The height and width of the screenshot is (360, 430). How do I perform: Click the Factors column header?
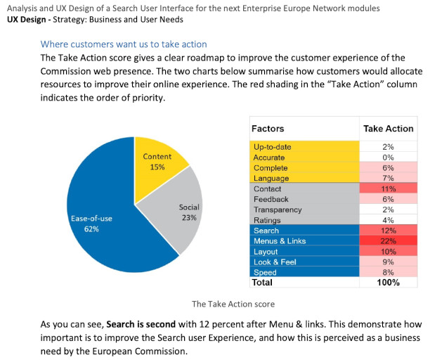point(268,129)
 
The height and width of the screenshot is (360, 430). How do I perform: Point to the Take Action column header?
point(388,129)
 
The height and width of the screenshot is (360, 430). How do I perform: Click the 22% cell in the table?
point(388,241)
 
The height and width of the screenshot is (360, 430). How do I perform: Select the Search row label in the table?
point(266,231)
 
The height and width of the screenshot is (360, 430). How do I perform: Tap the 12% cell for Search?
point(388,231)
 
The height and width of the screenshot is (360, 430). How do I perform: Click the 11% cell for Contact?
point(388,189)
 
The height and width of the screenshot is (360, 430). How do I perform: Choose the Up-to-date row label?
point(272,147)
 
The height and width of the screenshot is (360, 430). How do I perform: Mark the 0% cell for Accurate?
point(388,157)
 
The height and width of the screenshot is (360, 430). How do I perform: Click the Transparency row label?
point(278,210)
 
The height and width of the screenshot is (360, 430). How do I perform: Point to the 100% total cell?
point(388,283)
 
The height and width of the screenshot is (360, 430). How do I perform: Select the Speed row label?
point(265,272)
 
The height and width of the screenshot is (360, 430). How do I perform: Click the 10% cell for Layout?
point(388,252)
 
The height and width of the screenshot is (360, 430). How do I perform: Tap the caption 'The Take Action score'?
point(233,304)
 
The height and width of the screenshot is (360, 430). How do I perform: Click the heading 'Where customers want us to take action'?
point(124,44)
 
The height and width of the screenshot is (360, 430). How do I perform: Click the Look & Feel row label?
point(275,262)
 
